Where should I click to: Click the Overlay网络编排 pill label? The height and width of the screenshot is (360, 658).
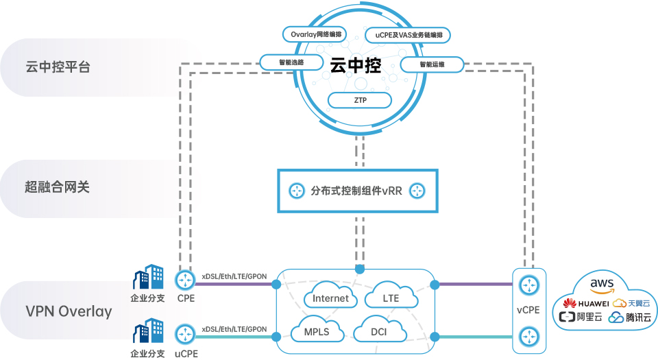pos(315,34)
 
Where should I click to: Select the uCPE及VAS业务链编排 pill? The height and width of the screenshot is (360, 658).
pos(409,34)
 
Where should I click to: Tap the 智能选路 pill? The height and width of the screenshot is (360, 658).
pos(291,62)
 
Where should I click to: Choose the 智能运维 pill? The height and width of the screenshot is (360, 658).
pos(432,65)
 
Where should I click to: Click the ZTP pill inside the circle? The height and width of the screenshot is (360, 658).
pos(360,100)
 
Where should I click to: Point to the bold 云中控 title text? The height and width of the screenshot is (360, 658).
pos(355,66)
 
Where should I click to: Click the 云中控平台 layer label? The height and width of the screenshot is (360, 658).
pos(58,67)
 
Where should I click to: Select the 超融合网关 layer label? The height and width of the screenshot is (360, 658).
pos(58,187)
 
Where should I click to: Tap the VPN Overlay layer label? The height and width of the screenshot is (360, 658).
pos(69,311)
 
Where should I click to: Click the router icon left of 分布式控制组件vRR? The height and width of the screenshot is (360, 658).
pos(296,191)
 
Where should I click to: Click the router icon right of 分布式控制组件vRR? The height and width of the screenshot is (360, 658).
pos(418,191)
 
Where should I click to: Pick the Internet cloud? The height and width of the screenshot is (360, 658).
pos(330,298)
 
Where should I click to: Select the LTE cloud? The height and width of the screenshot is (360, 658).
pos(391,298)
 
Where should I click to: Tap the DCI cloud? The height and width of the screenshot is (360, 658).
pos(378,332)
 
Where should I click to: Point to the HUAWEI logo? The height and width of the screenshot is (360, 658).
pos(586,303)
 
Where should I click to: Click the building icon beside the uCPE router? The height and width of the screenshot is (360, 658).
pos(147,332)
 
